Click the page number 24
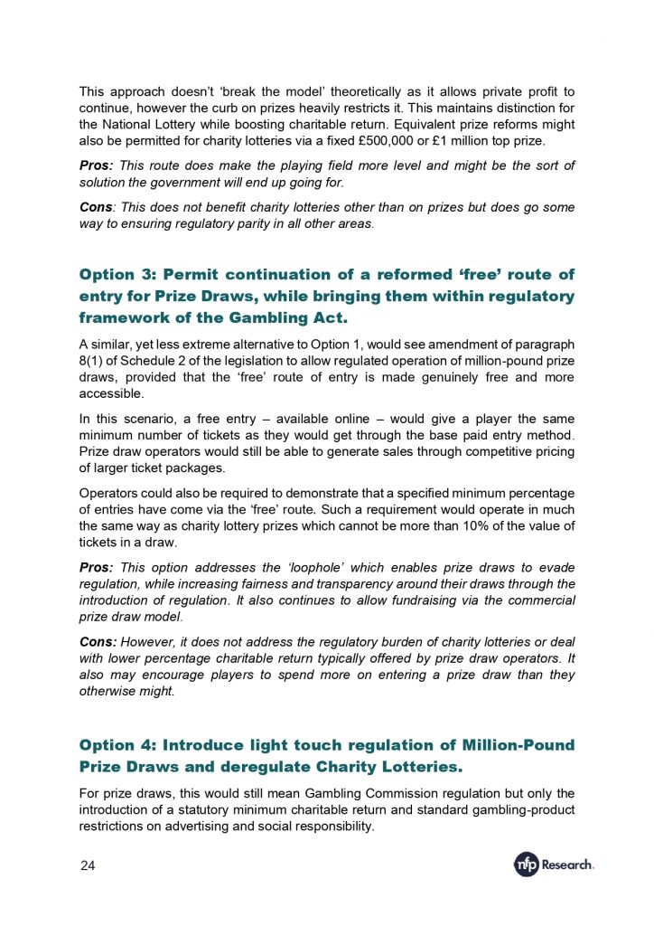[x=88, y=865]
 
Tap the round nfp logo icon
[x=527, y=865]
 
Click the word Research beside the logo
[x=567, y=865]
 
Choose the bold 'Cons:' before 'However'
[x=98, y=642]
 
